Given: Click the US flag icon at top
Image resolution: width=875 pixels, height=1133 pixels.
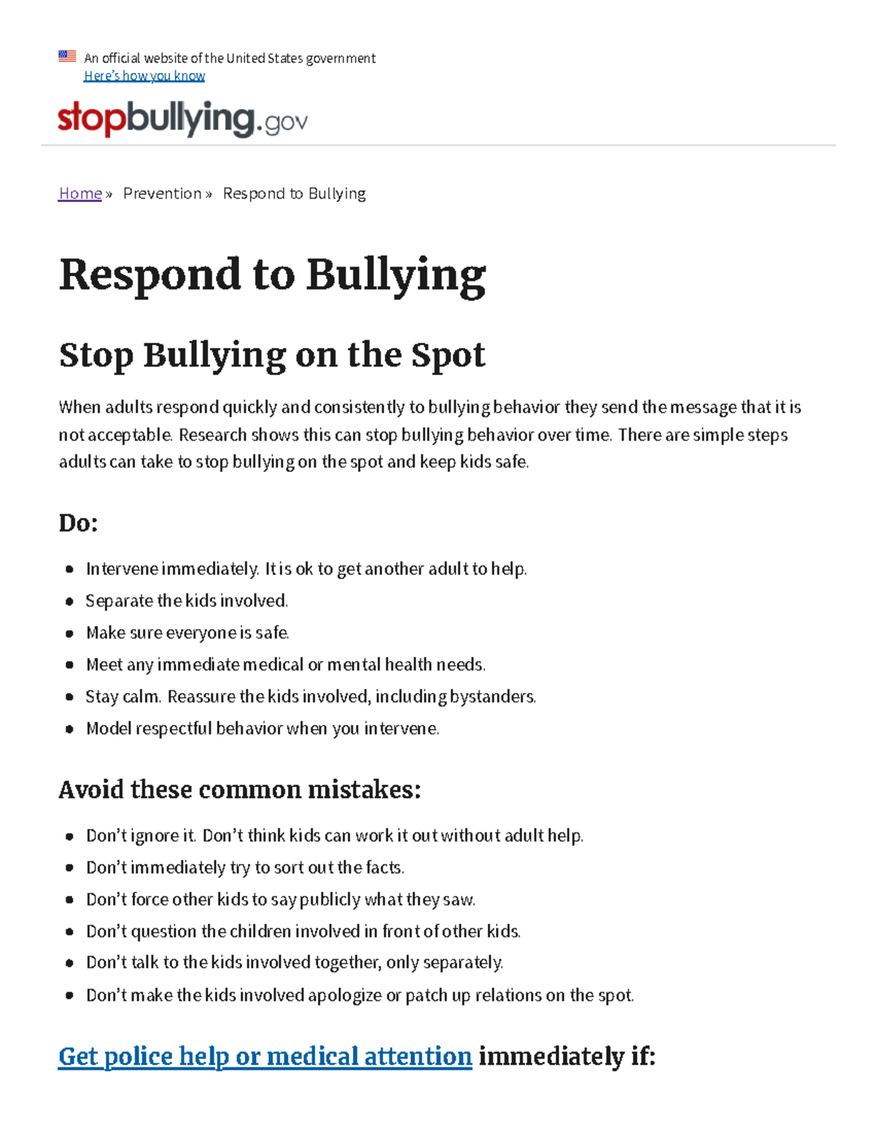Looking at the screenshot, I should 67,56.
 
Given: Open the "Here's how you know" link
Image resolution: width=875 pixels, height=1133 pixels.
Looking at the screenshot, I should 144,76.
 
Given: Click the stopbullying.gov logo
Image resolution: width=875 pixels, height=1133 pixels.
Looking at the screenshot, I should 182,120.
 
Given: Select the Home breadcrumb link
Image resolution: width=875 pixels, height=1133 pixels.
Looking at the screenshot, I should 80,193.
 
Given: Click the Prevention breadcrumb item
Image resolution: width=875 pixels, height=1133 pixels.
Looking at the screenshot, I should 162,193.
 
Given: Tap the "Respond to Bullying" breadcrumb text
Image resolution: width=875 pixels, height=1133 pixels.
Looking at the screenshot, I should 294,193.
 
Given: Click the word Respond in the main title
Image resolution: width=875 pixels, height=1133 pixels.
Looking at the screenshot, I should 150,275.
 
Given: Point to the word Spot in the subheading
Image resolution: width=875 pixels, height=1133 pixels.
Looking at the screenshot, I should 448,355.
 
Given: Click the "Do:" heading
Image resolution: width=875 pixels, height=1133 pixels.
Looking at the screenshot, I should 78,523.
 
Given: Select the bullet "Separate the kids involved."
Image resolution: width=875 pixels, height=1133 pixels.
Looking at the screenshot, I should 187,600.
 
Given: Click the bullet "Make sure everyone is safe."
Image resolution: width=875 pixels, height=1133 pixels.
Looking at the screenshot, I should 187,633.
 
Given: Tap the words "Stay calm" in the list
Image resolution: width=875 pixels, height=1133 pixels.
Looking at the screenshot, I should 122,697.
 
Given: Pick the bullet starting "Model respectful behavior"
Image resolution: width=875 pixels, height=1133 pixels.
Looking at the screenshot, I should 262,729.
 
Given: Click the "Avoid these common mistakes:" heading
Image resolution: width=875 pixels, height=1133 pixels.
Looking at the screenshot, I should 239,789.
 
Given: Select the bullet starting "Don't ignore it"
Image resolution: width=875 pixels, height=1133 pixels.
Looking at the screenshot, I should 334,835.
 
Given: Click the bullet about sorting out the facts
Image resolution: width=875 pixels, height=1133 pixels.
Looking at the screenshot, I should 245,867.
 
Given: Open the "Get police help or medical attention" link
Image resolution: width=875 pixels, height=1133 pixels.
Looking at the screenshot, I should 265,1056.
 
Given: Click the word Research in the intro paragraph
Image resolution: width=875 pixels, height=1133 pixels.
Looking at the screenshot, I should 212,435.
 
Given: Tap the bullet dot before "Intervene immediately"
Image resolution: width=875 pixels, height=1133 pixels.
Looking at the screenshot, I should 69,569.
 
